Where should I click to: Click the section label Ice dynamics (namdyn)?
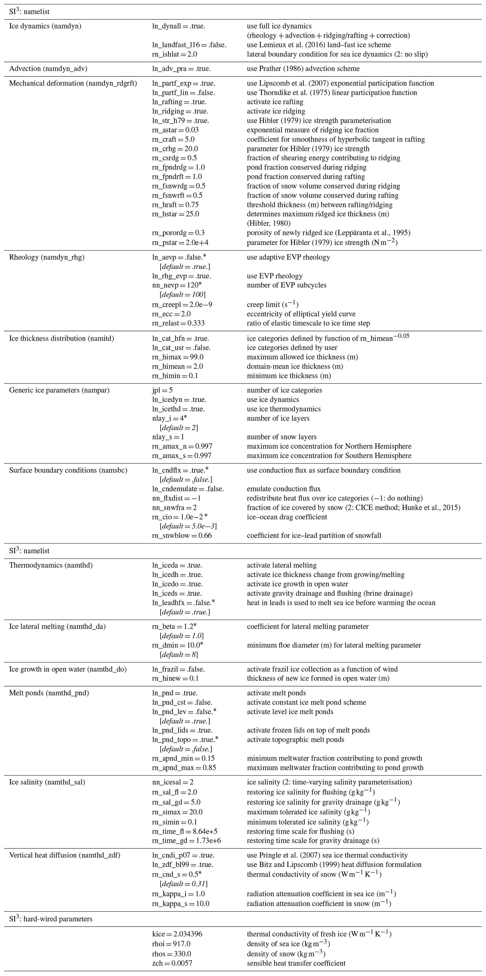pos(45,26)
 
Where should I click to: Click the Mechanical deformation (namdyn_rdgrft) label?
pos(73,83)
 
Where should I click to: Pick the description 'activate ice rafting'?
pos(275,102)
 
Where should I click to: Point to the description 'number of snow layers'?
pos(281,437)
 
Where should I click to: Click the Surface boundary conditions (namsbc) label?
pos(68,470)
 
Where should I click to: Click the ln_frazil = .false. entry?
pos(178,669)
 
